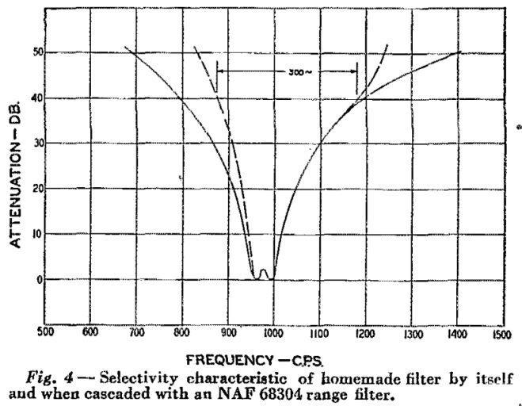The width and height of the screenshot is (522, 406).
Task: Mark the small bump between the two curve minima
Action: pyautogui.click(x=264, y=271)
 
